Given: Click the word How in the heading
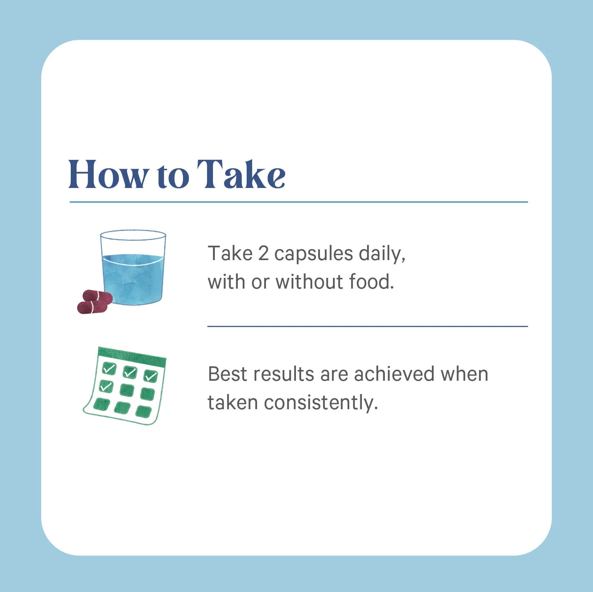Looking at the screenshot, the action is (108, 174).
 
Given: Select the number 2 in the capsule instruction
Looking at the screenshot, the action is (263, 254).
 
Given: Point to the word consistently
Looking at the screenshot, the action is (321, 403).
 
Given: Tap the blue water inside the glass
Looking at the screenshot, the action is (133, 279).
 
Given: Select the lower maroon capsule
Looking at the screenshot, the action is (92, 307).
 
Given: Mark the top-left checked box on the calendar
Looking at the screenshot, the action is (109, 368).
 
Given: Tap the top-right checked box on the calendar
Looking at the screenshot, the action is (151, 376).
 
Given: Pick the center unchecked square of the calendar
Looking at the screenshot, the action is (127, 390).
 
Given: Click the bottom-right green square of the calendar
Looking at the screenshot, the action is (144, 411).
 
